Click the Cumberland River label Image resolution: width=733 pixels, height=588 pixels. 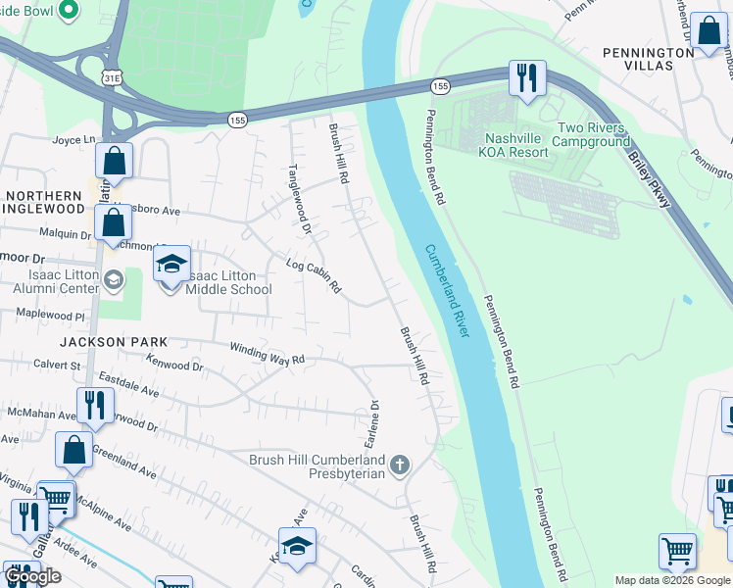pos(448,291)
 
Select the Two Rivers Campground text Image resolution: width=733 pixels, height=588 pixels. pos(593,134)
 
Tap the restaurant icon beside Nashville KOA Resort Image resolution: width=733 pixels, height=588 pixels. pos(527,78)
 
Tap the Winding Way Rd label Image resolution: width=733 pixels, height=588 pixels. pos(268,354)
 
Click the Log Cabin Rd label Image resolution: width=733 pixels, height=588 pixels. pos(313,276)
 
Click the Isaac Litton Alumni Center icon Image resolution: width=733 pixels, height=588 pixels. pos(115,282)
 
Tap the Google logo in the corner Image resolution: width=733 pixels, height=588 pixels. pos(33,576)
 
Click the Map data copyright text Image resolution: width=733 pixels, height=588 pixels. pos(672,580)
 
